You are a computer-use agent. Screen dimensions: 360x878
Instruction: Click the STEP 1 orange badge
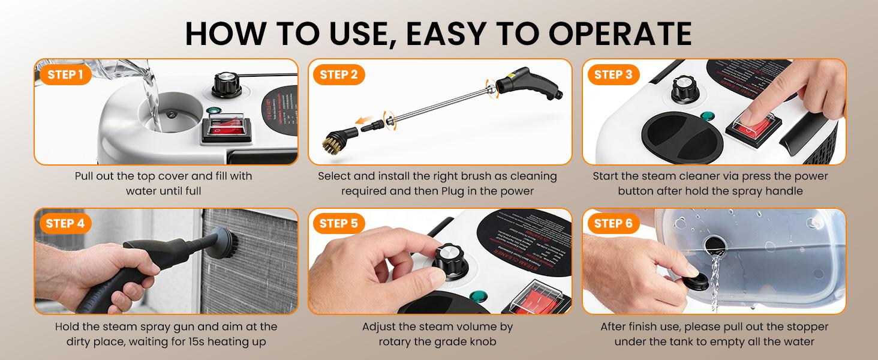click(x=65, y=75)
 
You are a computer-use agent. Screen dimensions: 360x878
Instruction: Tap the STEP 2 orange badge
click(x=339, y=75)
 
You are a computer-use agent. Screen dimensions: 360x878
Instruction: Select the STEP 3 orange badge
click(x=613, y=75)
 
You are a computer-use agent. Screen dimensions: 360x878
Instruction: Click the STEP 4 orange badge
click(x=65, y=224)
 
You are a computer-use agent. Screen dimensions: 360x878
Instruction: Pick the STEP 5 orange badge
click(x=339, y=224)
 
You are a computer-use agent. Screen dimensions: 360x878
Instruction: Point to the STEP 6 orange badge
click(x=613, y=224)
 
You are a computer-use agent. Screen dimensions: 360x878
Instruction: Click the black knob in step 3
click(x=682, y=89)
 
